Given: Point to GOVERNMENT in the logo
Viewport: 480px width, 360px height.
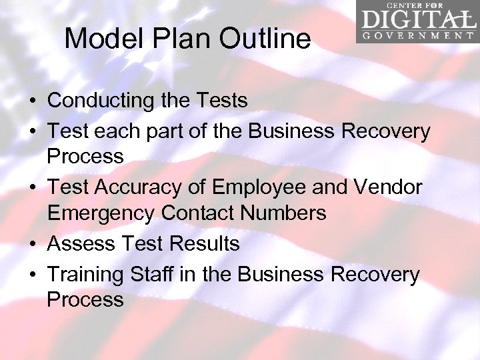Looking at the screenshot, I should point(417,36).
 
